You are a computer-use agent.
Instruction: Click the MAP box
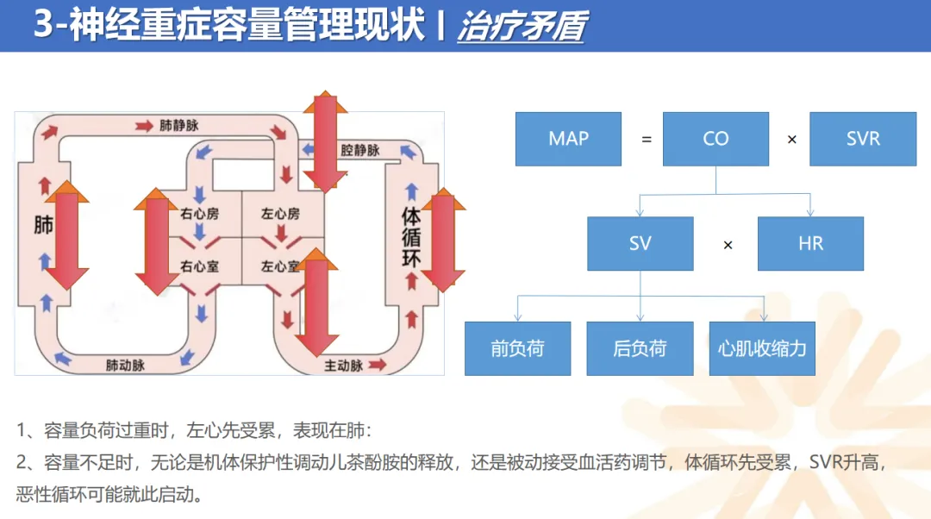pos(568,139)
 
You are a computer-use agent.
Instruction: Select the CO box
pos(715,139)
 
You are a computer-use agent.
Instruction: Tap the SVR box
pos(862,139)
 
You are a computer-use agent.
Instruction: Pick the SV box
pos(640,244)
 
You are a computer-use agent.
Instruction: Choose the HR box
pos(810,244)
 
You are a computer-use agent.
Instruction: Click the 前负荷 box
pos(517,348)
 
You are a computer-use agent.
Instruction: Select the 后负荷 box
pos(640,348)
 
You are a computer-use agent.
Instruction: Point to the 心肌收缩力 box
pos(762,348)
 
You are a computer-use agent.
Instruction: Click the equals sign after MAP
pos(647,140)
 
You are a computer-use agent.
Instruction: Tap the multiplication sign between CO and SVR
pos(792,140)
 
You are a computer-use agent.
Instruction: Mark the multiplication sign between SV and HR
pos(728,245)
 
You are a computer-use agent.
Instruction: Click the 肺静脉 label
pos(178,126)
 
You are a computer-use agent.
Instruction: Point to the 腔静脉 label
pos(359,151)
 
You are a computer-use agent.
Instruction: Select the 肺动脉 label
pos(125,365)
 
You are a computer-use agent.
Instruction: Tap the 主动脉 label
pos(343,366)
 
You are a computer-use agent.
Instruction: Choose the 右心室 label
pos(199,266)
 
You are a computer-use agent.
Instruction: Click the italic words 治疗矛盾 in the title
pos(521,27)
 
